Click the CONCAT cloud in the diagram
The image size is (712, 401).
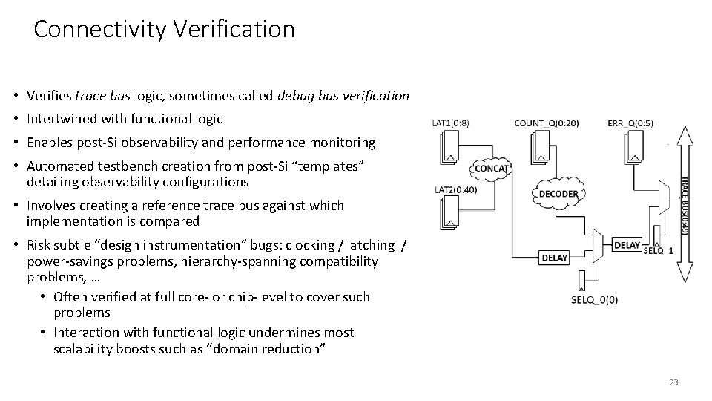pos(491,168)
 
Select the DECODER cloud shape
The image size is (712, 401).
pos(558,194)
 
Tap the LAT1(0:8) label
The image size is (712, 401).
pos(450,123)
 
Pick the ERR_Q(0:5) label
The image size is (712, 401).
pos(630,123)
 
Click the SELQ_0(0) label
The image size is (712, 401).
pos(595,300)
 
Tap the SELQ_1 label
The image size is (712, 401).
pos(658,250)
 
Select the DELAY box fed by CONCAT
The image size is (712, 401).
pos(555,258)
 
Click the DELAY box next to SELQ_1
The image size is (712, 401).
pos(627,245)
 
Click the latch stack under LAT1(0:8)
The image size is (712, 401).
pos(450,146)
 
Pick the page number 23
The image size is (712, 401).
pos(673,382)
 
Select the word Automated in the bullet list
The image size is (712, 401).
pos(57,166)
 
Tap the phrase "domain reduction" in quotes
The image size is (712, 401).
pos(272,348)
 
